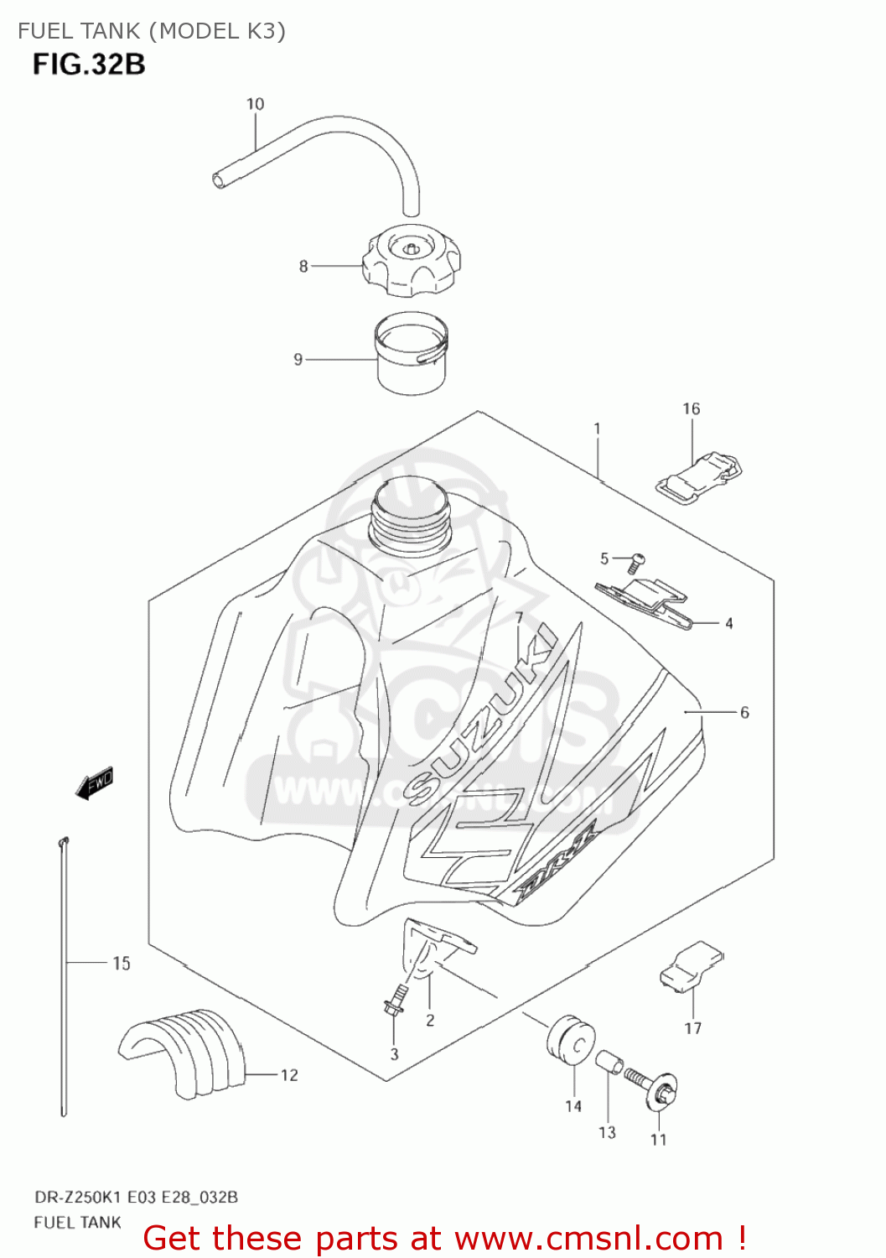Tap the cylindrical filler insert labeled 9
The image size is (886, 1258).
pos(411,356)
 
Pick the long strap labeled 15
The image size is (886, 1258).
pos(63,973)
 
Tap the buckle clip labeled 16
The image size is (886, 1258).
pos(699,478)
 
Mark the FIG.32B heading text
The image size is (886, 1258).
pos(89,64)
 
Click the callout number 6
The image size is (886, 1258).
pos(744,712)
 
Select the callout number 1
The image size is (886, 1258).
pos(597,429)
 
